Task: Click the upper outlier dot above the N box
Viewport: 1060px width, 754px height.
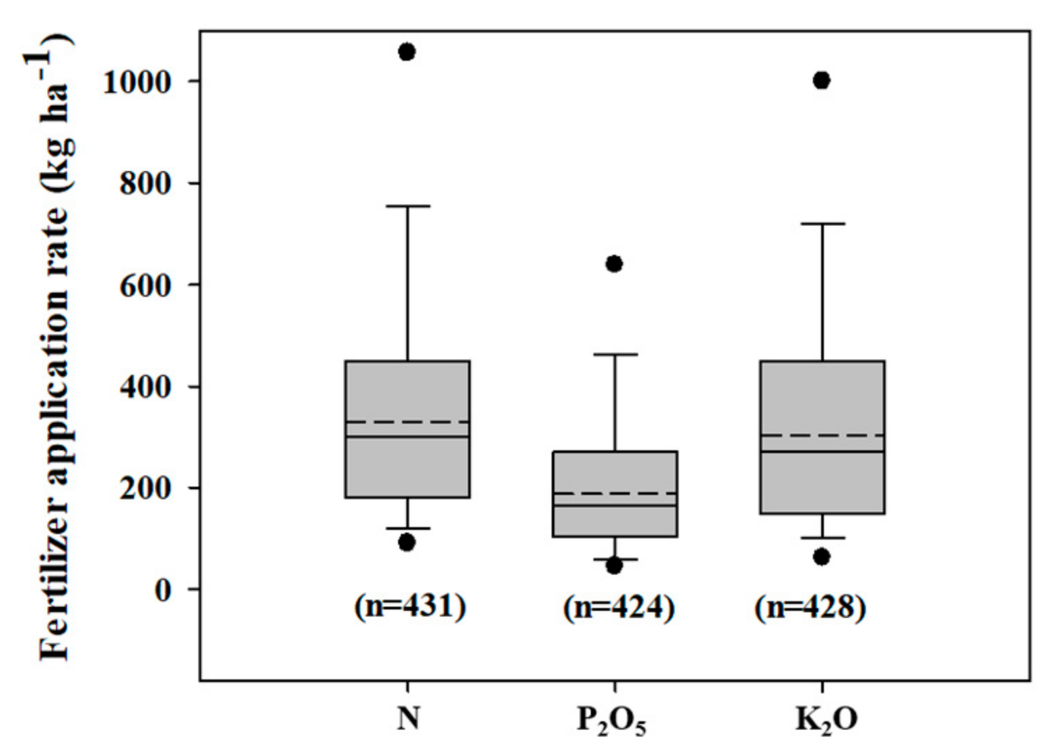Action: click(406, 52)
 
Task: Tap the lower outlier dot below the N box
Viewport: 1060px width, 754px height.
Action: click(406, 542)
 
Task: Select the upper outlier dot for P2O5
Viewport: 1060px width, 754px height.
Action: click(614, 264)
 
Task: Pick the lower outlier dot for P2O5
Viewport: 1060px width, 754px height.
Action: click(614, 565)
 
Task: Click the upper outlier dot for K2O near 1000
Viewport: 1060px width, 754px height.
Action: click(822, 80)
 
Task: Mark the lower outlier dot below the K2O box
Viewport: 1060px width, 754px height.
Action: click(822, 556)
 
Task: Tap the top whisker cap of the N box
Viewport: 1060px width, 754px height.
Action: click(407, 206)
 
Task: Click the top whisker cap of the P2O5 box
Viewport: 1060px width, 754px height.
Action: click(614, 355)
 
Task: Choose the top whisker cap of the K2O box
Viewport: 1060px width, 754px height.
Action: click(822, 223)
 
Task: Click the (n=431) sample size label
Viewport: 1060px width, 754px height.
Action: click(410, 606)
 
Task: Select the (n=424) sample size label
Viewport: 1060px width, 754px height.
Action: click(619, 607)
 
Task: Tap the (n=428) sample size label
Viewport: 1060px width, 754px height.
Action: click(810, 607)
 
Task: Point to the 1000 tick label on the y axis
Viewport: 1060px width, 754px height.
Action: click(137, 82)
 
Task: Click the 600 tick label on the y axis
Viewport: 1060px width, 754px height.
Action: click(145, 286)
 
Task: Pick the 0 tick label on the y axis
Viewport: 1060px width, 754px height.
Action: click(162, 591)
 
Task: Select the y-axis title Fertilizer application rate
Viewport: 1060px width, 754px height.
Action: click(56, 349)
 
